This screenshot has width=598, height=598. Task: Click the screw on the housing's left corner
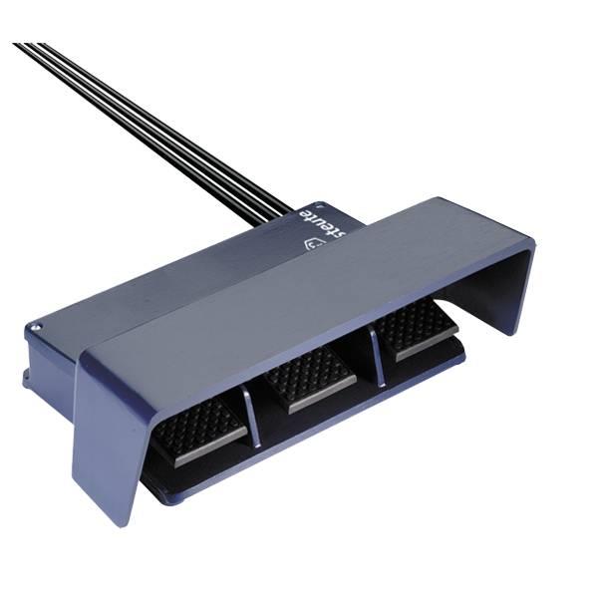pos(37,325)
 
